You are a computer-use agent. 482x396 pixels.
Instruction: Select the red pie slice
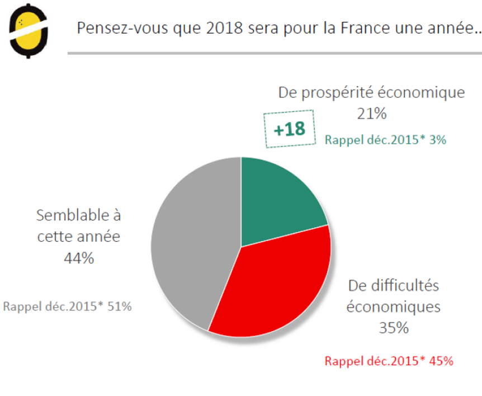pyautogui.click(x=274, y=285)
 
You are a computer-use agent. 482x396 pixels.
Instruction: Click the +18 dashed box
pyautogui.click(x=289, y=129)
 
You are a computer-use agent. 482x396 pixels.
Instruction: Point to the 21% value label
pyautogui.click(x=371, y=114)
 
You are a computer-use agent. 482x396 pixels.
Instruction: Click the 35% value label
pyautogui.click(x=393, y=328)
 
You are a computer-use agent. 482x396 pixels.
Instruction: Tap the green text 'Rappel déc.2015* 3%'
pyautogui.click(x=385, y=140)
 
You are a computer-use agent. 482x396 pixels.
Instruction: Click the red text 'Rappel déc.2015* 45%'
pyautogui.click(x=389, y=361)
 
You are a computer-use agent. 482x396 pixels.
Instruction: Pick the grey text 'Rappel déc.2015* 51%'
pyautogui.click(x=67, y=307)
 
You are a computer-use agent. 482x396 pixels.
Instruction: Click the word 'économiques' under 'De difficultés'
pyautogui.click(x=393, y=307)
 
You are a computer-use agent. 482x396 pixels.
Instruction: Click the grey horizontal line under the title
pyautogui.click(x=274, y=54)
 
